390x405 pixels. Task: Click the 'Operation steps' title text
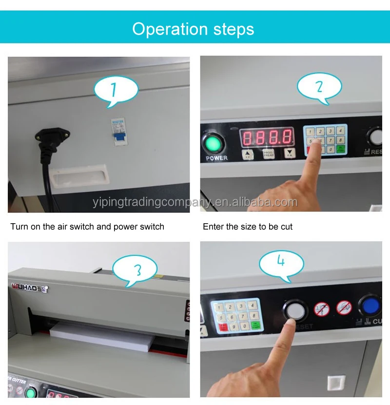point(193,29)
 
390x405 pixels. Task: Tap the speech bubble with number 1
point(116,90)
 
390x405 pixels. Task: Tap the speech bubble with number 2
point(319,87)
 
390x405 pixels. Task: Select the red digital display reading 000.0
point(268,137)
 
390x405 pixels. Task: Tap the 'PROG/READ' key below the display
point(269,154)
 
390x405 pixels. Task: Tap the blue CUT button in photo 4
point(371,306)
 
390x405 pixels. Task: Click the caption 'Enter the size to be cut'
point(248,227)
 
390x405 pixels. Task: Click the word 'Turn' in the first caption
point(19,227)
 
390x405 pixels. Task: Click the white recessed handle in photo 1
point(80,176)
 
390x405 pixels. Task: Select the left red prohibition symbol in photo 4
point(322,309)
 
